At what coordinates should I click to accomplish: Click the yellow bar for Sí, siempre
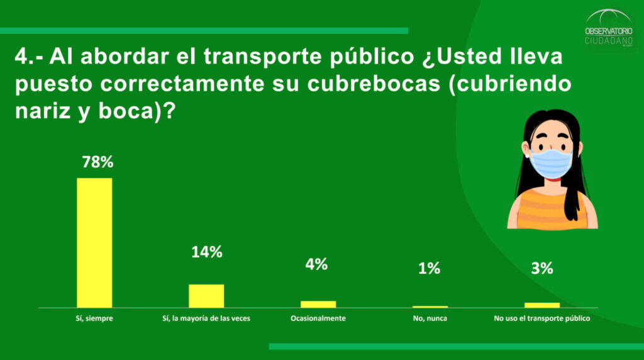pos(94,242)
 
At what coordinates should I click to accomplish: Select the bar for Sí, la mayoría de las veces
pos(206,296)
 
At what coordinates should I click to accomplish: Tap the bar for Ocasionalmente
pos(318,304)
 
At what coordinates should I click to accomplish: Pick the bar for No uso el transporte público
pos(541,305)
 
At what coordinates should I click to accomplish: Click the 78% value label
pos(97,162)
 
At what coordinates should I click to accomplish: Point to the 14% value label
pos(207,252)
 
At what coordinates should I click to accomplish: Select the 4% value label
pos(316,264)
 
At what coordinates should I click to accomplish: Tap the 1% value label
pos(429,269)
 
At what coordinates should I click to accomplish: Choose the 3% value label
pos(541,269)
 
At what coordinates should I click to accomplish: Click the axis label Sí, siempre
pos(94,318)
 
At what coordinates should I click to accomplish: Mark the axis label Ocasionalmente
pos(318,318)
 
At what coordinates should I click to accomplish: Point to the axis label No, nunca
pos(430,318)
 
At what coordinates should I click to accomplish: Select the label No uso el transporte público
pos(542,318)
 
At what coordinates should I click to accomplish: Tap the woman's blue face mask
pos(551,162)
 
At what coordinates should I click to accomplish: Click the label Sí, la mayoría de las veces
pos(206,318)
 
